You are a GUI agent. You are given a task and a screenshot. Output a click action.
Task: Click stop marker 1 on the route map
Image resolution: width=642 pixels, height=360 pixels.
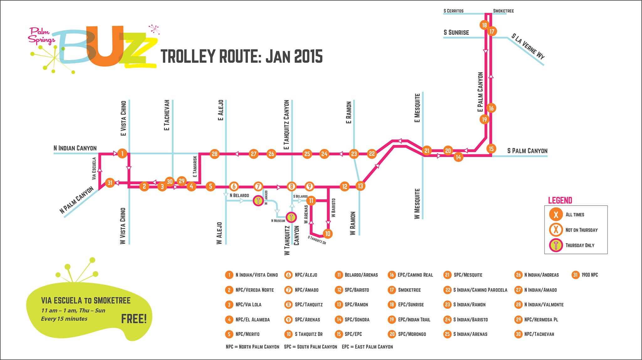tap(122, 154)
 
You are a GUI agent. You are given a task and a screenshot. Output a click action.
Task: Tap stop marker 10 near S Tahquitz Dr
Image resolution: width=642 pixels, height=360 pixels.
tap(328, 233)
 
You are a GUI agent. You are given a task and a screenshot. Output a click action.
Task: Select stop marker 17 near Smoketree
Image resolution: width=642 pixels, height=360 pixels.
tap(492, 31)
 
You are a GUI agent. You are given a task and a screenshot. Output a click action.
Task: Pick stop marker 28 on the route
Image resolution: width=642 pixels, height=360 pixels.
tap(214, 154)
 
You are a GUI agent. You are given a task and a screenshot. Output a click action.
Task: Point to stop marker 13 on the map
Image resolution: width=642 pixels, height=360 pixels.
tap(360, 186)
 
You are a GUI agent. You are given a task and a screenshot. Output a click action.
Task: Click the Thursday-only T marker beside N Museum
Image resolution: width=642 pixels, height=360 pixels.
tap(291, 217)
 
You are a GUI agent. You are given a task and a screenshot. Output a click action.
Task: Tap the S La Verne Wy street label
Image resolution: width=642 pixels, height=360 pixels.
tap(528, 46)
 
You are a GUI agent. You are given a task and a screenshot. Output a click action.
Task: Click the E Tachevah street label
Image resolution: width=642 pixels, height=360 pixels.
tap(167, 115)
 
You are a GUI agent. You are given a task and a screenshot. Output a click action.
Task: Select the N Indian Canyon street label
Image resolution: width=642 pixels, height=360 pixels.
tap(75, 148)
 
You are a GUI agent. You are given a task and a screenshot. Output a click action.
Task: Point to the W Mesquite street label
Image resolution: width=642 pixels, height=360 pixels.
tap(417, 203)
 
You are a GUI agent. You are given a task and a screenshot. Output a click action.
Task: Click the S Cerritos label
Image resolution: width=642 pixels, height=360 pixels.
tap(453, 11)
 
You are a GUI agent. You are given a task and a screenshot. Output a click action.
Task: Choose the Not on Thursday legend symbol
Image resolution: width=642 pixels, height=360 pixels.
tap(556, 230)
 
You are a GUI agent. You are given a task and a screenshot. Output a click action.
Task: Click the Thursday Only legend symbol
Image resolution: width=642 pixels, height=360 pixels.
tap(556, 245)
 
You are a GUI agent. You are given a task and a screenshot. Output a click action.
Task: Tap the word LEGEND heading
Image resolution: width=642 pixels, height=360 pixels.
tap(560, 200)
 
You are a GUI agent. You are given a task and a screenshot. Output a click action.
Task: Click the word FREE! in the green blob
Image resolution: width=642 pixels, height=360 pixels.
tap(134, 319)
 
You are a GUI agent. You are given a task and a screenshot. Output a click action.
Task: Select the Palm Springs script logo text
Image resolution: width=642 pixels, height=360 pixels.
tap(41, 35)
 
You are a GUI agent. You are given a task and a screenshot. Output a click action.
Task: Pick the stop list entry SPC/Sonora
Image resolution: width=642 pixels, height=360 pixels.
tap(357, 320)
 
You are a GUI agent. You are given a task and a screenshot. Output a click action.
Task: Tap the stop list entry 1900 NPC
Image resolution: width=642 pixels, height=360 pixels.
tap(589, 275)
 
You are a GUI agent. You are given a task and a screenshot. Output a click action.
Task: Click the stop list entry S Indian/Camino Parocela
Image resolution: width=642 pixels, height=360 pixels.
tap(480, 290)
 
